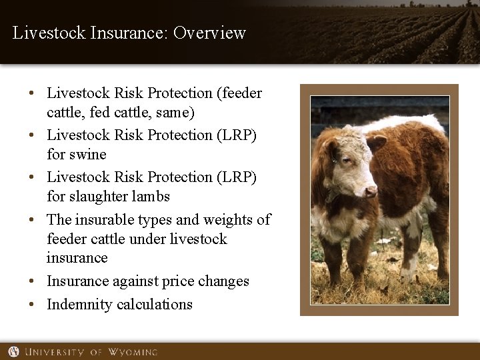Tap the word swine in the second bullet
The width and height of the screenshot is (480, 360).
point(88,154)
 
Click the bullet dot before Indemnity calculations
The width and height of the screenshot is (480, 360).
point(32,305)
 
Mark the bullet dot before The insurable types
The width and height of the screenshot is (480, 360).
point(32,219)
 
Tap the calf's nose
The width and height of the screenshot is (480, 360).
point(369,191)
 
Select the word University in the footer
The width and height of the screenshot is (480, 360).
point(55,351)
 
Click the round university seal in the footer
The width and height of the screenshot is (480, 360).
point(13,351)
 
